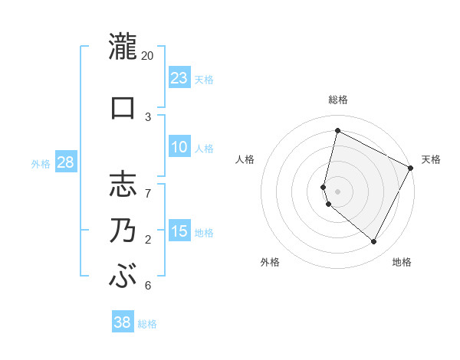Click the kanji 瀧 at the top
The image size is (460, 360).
pyautogui.click(x=122, y=47)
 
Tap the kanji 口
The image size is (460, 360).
pyautogui.click(x=122, y=107)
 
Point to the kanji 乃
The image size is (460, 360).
pyautogui.click(x=122, y=231)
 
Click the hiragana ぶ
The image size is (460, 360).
pyautogui.click(x=122, y=276)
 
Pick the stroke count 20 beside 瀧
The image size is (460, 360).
pyautogui.click(x=148, y=57)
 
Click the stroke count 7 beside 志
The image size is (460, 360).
pyautogui.click(x=148, y=185)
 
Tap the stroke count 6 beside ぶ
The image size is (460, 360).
pyautogui.click(x=148, y=286)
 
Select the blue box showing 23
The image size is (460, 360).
pyautogui.click(x=179, y=78)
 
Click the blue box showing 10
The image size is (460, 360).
pyautogui.click(x=179, y=148)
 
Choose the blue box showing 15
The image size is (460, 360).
pyautogui.click(x=179, y=231)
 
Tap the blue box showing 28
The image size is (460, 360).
pyautogui.click(x=65, y=162)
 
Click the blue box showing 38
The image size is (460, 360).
pyautogui.click(x=123, y=322)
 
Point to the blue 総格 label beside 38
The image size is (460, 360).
pyautogui.click(x=147, y=324)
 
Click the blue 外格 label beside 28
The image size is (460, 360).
pyautogui.click(x=41, y=164)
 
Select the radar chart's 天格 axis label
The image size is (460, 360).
pyautogui.click(x=431, y=159)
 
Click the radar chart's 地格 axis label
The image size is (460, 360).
pyautogui.click(x=402, y=262)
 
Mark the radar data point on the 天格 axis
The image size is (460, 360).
pyautogui.click(x=412, y=168)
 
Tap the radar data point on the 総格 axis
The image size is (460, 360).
pyautogui.click(x=337, y=130)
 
